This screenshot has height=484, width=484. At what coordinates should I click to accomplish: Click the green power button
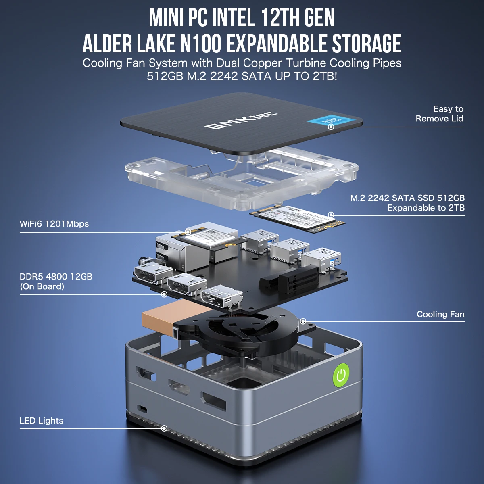(341, 375)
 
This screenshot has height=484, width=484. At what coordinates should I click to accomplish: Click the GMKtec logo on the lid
(241, 120)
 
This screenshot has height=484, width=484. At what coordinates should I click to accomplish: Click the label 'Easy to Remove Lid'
(439, 114)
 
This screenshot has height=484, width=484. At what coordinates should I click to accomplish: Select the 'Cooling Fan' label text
(440, 314)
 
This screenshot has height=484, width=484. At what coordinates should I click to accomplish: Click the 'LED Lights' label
(42, 421)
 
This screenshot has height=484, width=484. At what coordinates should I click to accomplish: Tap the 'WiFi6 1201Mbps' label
(54, 224)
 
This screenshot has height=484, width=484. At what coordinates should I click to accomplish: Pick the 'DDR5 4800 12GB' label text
(56, 277)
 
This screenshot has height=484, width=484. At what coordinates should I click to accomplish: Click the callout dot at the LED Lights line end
(164, 428)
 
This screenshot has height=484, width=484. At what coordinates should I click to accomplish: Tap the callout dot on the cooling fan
(303, 321)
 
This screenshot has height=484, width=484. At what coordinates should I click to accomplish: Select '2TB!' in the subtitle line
(325, 76)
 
